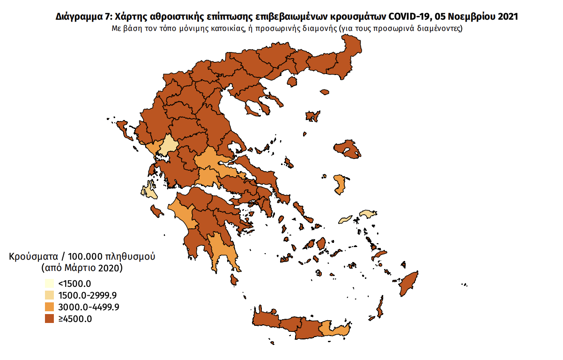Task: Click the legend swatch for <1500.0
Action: pos(49,284)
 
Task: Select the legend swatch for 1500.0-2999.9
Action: pos(49,295)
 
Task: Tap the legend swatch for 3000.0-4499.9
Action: pos(49,307)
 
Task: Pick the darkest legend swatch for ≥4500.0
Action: pos(49,319)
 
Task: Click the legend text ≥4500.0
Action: pos(75,319)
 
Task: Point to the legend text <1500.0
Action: pos(74,284)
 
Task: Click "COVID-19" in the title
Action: pos(406,17)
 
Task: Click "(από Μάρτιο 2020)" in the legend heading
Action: pos(81,269)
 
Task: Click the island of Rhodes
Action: pos(410,283)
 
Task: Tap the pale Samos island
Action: pos(368,214)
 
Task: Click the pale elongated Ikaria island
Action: pos(345,219)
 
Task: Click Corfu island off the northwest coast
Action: pos(123,127)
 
